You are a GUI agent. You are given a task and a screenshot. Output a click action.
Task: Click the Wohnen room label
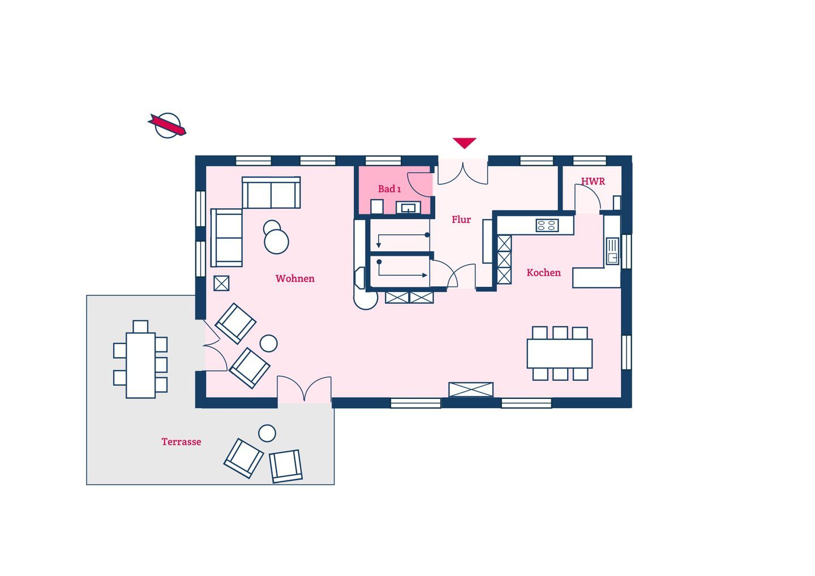pyautogui.click(x=295, y=278)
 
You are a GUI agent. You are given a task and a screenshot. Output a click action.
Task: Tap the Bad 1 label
pyautogui.click(x=389, y=189)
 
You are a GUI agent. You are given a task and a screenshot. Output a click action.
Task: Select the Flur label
pyautogui.click(x=461, y=220)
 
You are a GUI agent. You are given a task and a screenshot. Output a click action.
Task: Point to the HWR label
pyautogui.click(x=593, y=181)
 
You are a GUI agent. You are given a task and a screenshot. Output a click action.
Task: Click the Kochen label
pyautogui.click(x=543, y=272)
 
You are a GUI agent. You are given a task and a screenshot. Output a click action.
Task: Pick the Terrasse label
pyautogui.click(x=181, y=441)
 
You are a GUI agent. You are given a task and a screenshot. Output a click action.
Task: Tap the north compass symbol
pyautogui.click(x=168, y=126)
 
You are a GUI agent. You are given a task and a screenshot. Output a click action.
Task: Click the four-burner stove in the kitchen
pyautogui.click(x=547, y=225)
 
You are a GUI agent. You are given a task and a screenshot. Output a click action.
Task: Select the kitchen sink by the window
pyautogui.click(x=612, y=251)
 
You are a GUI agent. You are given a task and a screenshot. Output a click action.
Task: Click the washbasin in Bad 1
pyautogui.click(x=408, y=208)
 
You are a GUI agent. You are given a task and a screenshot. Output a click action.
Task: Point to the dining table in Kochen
pyautogui.click(x=560, y=354)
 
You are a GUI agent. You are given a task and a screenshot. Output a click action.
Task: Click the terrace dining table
pyautogui.click(x=140, y=366)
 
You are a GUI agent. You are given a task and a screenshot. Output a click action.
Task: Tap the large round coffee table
pyautogui.click(x=277, y=242)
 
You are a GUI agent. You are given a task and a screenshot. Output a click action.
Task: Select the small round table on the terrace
pyautogui.click(x=267, y=433)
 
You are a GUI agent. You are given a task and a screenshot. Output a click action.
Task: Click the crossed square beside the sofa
pyautogui.click(x=221, y=283)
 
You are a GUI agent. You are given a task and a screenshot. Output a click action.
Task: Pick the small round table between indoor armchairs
pyautogui.click(x=268, y=343)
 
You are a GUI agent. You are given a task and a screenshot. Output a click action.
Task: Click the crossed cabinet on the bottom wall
pyautogui.click(x=471, y=389)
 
